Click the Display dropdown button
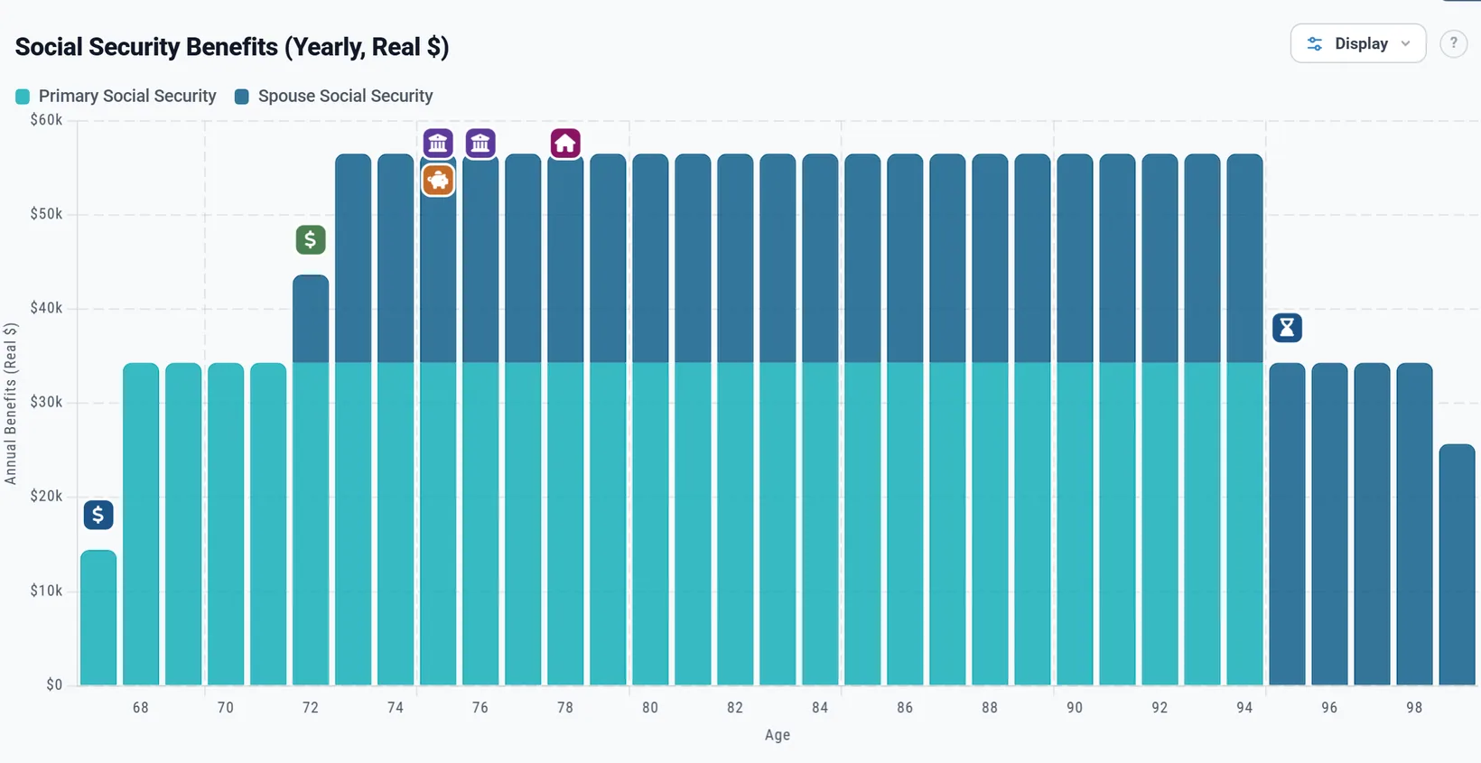[x=1358, y=43]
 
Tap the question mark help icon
[x=1453, y=43]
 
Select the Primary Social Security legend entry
[x=116, y=96]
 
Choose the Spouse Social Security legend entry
[x=334, y=96]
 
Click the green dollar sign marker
[x=311, y=239]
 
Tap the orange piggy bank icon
[x=438, y=180]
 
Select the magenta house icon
[x=565, y=144]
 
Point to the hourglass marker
[x=1287, y=327]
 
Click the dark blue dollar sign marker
[x=98, y=515]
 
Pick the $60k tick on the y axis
[x=46, y=120]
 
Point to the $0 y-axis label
[x=54, y=685]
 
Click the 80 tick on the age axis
[x=650, y=707]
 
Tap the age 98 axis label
[x=1414, y=707]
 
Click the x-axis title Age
[x=778, y=735]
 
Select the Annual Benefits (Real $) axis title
[x=11, y=404]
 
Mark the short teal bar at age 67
[x=98, y=618]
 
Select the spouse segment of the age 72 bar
[x=311, y=319]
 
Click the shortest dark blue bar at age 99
[x=1458, y=564]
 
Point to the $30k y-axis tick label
[x=46, y=402]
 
